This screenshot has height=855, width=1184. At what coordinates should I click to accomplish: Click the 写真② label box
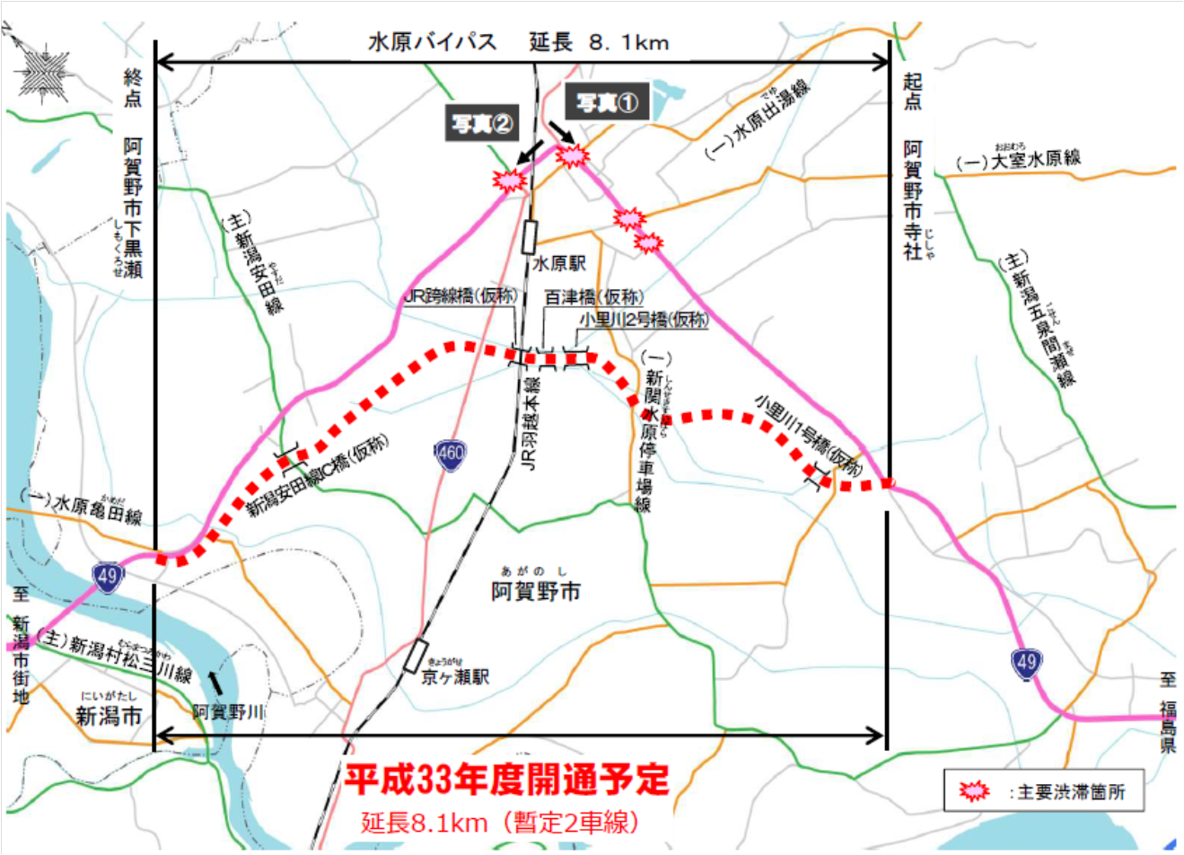click(x=482, y=124)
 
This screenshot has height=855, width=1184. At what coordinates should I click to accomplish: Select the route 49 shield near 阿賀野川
click(x=108, y=576)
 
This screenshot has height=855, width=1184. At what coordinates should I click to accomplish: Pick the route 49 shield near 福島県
click(x=1026, y=664)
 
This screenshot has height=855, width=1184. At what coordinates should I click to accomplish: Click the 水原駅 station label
click(x=558, y=264)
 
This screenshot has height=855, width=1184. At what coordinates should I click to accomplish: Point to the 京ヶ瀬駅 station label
click(x=455, y=676)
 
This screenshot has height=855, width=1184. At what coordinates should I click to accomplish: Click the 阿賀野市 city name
click(x=536, y=591)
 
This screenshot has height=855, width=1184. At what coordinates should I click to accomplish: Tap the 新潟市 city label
click(x=109, y=716)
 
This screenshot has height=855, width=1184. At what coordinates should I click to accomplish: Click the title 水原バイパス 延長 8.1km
click(x=518, y=42)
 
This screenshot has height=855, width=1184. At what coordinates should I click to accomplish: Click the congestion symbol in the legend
click(x=973, y=791)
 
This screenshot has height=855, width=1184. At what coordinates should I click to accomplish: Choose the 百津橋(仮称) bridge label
click(x=593, y=297)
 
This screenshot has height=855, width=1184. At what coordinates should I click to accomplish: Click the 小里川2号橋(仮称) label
click(x=644, y=319)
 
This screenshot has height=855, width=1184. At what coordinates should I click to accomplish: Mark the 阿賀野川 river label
click(x=228, y=711)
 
